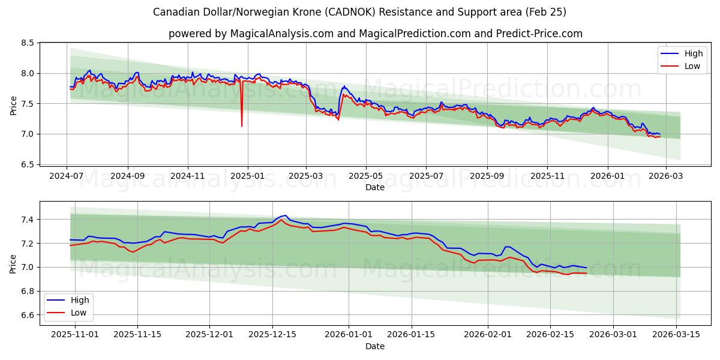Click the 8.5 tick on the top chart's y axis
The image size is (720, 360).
26,43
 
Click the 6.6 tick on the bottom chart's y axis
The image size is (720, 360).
26,315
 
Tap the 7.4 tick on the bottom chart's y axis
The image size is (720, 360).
26,220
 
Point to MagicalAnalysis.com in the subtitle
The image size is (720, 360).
282,34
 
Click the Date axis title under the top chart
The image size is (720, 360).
375,188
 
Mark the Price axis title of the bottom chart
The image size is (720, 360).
13,263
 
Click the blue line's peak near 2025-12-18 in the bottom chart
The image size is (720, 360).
285,215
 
